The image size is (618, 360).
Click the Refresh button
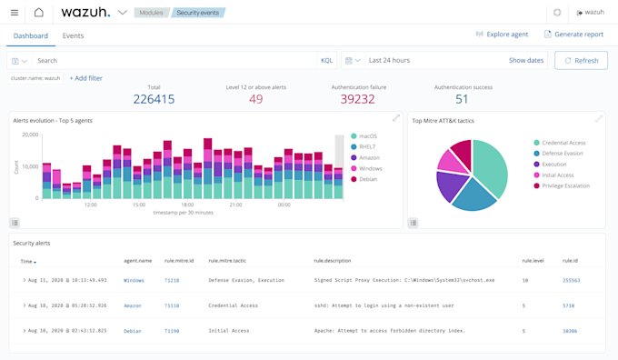click(581, 60)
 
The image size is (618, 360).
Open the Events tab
click(73, 35)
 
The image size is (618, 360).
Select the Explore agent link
click(502, 35)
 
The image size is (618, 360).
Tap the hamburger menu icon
click(15, 13)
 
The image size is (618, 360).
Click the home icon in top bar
click(38, 13)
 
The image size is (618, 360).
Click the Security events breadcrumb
click(197, 13)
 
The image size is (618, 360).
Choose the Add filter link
click(86, 78)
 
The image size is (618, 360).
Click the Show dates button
click(525, 60)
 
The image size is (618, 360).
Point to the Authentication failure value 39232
click(357, 99)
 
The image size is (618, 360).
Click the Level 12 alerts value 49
click(255, 99)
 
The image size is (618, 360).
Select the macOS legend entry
click(367, 136)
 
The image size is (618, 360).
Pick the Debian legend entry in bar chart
click(367, 179)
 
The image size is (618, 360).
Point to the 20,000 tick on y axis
click(30, 135)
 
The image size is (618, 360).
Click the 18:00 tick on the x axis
click(187, 205)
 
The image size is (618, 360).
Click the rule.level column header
click(533, 261)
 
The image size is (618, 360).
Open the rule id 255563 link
click(571, 280)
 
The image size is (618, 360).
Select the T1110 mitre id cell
click(172, 305)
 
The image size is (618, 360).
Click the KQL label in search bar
click(326, 60)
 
